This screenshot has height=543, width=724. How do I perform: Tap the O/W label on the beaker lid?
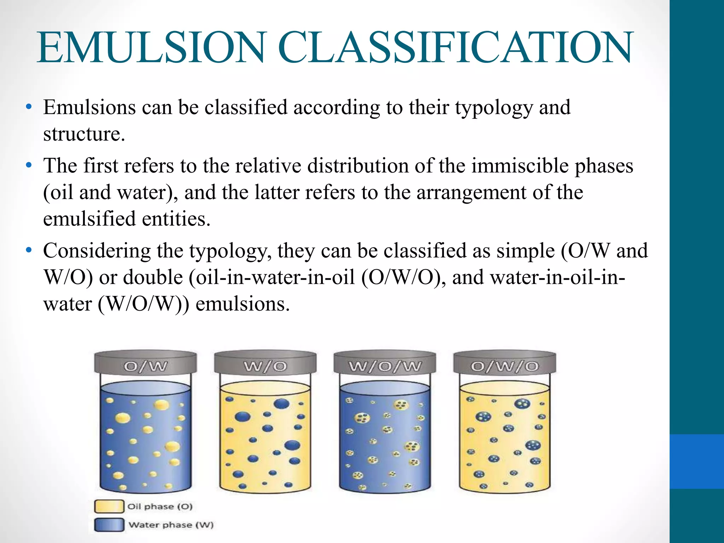point(145,367)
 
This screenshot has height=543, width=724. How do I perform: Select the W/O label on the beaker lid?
point(265,367)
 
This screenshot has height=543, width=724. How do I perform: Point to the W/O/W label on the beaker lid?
point(385,367)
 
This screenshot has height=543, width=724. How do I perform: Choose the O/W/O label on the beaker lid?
point(504,367)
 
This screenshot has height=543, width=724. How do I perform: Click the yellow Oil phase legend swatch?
point(109,506)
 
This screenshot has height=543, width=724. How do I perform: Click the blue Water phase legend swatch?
point(109,525)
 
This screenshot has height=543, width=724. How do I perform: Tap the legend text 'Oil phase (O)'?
point(160,507)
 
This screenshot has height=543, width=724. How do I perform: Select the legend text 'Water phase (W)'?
point(171,525)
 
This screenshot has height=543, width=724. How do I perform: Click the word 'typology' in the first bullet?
point(494,108)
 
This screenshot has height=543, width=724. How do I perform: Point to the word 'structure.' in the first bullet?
point(84,134)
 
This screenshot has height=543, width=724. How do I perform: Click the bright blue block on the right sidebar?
point(697,461)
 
